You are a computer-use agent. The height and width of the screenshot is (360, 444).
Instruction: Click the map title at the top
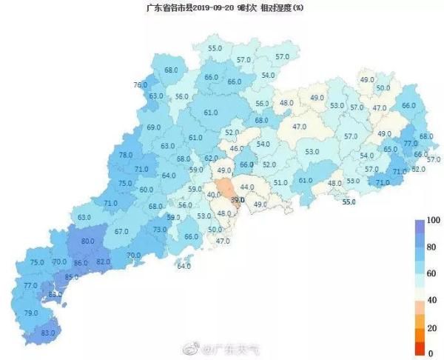click(221, 7)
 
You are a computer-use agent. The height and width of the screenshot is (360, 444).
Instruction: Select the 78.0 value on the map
click(126, 155)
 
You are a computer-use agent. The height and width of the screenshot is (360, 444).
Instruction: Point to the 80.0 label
click(87, 241)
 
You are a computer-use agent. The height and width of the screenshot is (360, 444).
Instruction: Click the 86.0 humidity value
click(81, 262)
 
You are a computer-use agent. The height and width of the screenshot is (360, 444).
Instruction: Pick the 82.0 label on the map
click(103, 261)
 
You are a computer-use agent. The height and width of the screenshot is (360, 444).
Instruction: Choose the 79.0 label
click(30, 313)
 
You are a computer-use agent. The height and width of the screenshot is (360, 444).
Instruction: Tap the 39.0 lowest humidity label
click(237, 200)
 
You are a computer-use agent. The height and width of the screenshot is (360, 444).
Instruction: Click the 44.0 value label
click(247, 187)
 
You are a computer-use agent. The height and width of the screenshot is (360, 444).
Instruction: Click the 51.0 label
click(280, 183)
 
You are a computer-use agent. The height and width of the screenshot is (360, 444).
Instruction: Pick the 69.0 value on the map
click(154, 127)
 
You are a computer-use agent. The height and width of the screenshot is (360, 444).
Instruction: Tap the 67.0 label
click(122, 232)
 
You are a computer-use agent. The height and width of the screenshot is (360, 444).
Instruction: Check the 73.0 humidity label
click(160, 230)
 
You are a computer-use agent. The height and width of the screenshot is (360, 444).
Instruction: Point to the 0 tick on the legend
click(430, 353)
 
